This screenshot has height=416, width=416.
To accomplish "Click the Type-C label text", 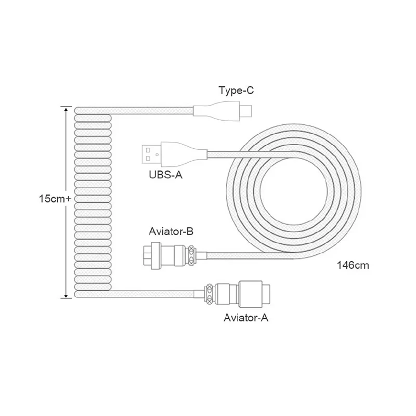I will pos(236,92).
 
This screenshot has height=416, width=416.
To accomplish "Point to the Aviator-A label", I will pos(245,317).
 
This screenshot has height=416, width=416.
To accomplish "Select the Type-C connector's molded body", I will pos(215,110).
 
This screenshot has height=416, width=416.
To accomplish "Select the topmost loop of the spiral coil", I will pos(94,110).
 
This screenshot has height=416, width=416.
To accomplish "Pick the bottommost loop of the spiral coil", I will pos(94,294).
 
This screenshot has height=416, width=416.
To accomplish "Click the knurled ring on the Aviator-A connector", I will pos(209,294).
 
